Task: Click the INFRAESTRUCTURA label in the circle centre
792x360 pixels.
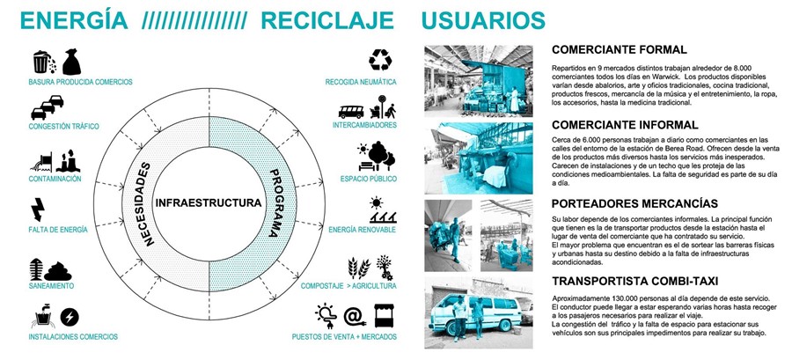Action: (x=208, y=203)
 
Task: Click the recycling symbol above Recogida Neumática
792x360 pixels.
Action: (x=379, y=60)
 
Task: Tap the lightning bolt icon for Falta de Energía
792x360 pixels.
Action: (x=39, y=209)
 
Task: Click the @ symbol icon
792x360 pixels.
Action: (x=354, y=314)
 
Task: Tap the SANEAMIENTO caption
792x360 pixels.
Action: (x=50, y=286)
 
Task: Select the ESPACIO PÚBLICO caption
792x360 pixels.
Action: (x=367, y=179)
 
